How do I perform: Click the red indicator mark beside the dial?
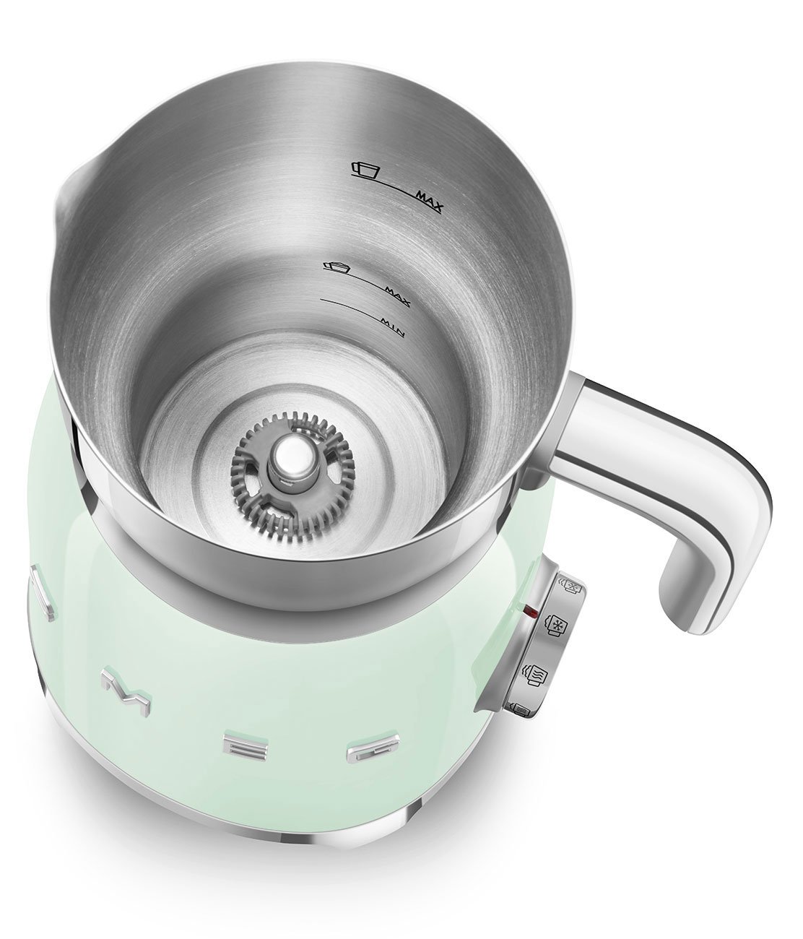(x=534, y=615)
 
